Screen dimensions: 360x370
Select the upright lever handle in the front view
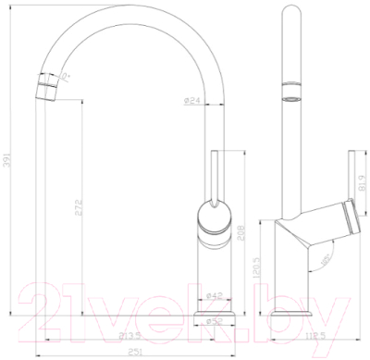tap(214, 176)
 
